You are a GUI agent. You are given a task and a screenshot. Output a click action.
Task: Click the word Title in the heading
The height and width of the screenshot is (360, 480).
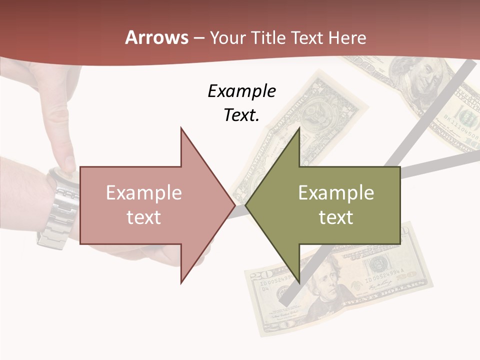click(268, 38)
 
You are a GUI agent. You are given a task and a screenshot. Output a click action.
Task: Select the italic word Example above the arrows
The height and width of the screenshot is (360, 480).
click(241, 91)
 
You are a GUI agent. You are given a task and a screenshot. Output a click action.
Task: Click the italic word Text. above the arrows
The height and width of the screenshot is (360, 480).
click(241, 115)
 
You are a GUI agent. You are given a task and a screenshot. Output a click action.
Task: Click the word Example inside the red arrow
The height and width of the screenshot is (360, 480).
click(144, 193)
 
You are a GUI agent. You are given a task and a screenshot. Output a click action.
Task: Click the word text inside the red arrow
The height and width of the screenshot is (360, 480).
click(144, 217)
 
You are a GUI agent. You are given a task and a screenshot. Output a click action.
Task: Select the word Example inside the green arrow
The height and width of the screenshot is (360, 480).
click(336, 193)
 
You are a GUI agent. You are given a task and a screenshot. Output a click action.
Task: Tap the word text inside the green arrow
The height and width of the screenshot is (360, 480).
click(336, 217)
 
